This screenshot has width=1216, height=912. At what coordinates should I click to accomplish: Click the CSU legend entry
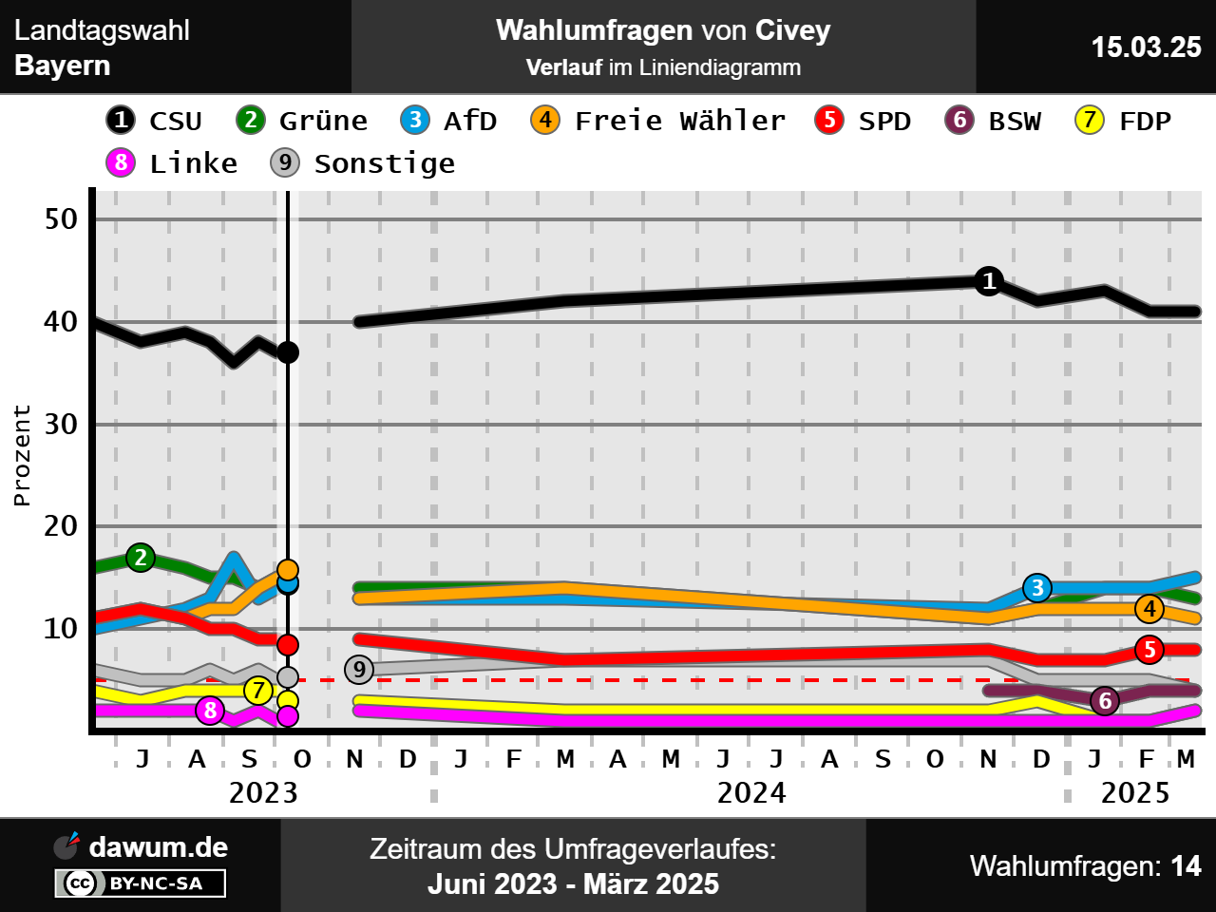(x=154, y=121)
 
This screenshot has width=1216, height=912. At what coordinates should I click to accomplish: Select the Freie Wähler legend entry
(x=658, y=121)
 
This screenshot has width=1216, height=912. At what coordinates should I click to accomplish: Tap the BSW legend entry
(x=994, y=121)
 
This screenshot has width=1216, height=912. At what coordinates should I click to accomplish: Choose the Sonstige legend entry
(x=363, y=163)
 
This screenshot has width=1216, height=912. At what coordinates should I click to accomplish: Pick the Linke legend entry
(x=172, y=163)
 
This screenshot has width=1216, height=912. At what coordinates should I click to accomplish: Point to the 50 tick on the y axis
(x=62, y=219)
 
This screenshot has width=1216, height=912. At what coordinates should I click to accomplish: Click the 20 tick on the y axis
(x=62, y=526)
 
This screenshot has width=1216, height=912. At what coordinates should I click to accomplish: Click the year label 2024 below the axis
(x=751, y=792)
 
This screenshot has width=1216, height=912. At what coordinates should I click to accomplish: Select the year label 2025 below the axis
(x=1135, y=792)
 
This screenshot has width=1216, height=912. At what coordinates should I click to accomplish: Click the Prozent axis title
(x=22, y=455)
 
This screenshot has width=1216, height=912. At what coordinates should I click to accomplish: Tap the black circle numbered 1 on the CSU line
(x=989, y=281)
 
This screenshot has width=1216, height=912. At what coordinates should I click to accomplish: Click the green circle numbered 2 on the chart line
(x=141, y=558)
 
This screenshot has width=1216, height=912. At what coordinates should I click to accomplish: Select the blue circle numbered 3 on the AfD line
(x=1037, y=588)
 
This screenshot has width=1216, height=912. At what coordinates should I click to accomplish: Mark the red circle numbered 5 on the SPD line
(x=1149, y=650)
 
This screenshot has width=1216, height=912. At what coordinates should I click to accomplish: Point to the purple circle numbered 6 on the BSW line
(x=1105, y=701)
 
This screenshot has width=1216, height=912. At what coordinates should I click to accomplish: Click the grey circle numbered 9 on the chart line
(x=359, y=670)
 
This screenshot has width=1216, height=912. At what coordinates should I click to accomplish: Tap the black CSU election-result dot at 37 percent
(x=288, y=352)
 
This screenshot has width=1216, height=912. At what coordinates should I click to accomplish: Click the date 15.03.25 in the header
(x=1146, y=47)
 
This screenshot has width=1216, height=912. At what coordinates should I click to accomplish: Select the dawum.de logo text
(x=158, y=846)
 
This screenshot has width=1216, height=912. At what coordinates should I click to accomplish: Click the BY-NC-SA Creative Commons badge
(x=141, y=883)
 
